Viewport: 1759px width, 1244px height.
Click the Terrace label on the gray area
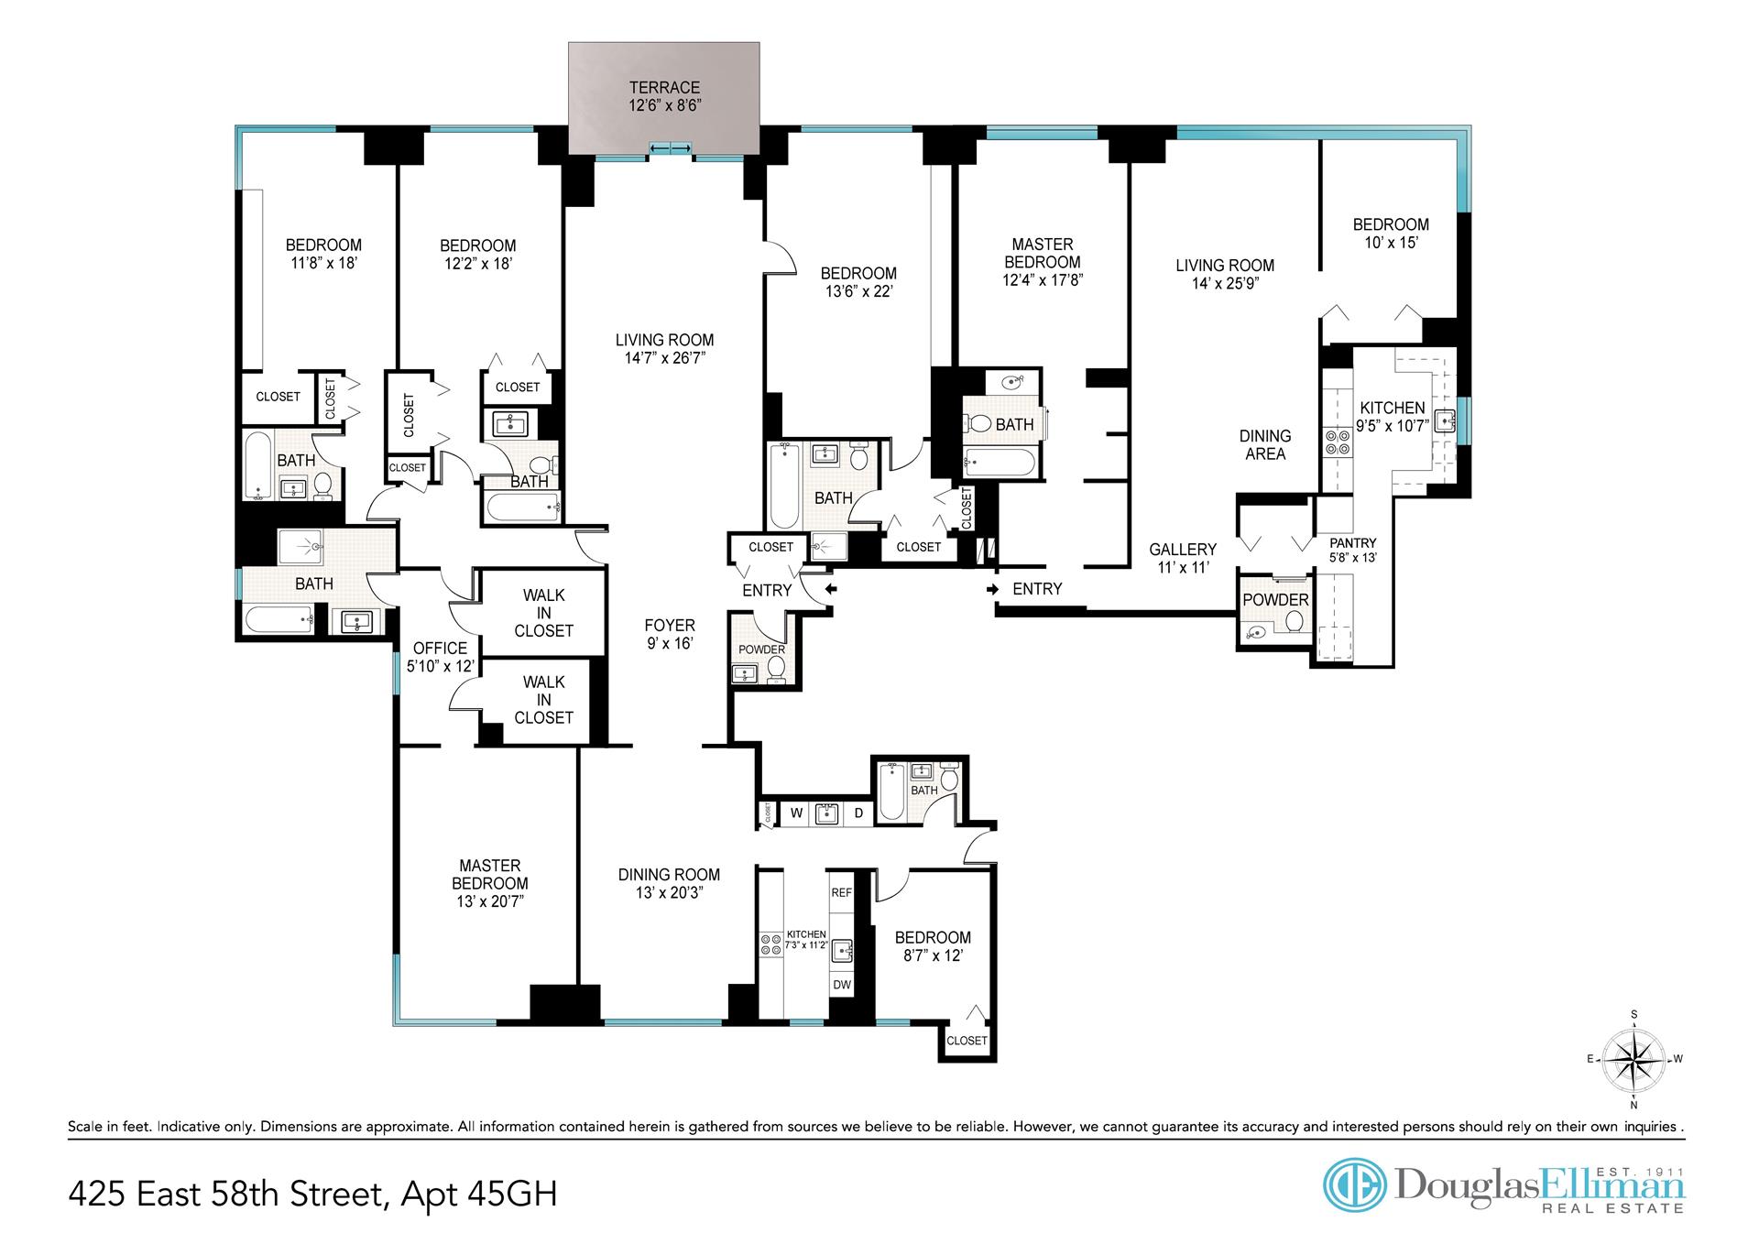(664, 96)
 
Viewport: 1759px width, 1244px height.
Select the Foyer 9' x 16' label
(670, 634)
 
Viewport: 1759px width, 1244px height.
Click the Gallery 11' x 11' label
(1183, 558)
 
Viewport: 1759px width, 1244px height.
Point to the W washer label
(797, 813)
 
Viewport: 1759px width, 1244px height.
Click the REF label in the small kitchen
(841, 892)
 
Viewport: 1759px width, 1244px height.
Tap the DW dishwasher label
(841, 985)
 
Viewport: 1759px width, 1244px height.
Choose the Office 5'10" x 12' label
(440, 657)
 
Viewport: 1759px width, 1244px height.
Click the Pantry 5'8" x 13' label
(1353, 550)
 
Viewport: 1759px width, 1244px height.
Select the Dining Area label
(1265, 445)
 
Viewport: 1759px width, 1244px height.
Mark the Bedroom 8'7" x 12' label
(933, 946)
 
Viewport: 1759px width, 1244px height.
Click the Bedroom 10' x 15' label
(1391, 233)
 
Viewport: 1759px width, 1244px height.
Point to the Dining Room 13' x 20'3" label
(669, 883)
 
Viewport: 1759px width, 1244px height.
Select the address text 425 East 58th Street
(224, 1195)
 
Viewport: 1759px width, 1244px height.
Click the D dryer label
(858, 813)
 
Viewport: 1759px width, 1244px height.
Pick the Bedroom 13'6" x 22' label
(858, 282)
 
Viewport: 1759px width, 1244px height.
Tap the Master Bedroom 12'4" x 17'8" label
(1043, 262)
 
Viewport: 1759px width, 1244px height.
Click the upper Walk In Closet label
(543, 613)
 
